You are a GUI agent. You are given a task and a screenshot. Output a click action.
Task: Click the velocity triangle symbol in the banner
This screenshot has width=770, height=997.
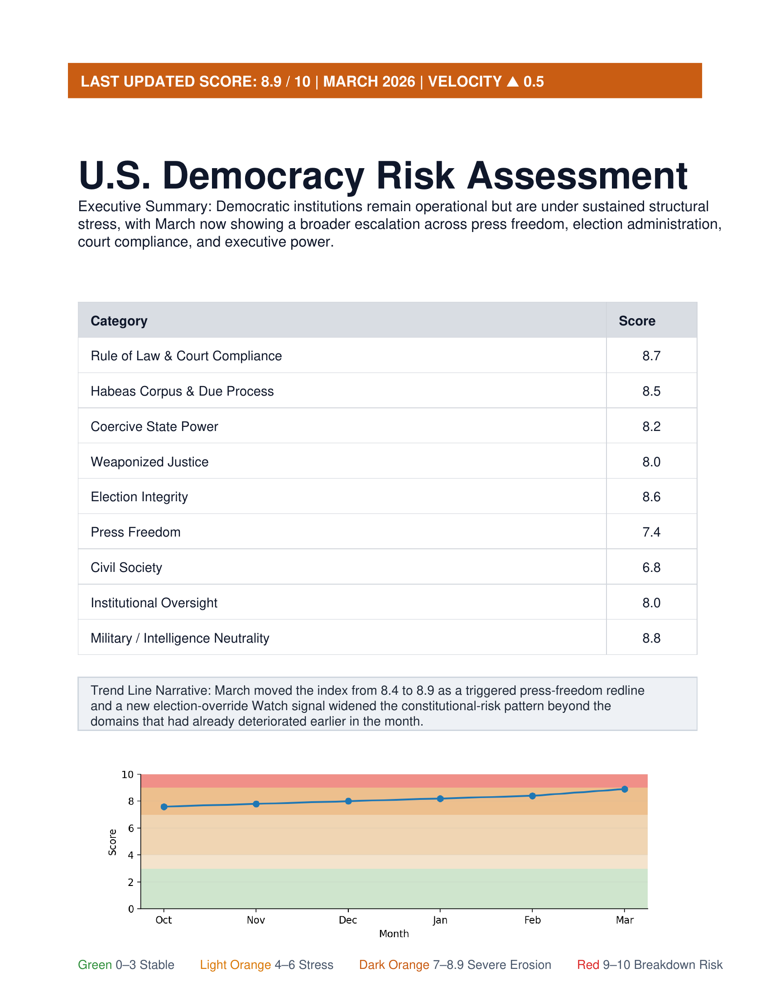513,82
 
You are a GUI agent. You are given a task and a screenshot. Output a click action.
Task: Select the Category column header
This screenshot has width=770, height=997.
119,321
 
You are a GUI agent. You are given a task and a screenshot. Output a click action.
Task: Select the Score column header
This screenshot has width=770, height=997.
637,321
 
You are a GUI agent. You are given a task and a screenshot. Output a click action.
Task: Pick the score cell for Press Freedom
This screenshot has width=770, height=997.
651,532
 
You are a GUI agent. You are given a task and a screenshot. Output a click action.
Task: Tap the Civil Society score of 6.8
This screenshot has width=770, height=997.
651,567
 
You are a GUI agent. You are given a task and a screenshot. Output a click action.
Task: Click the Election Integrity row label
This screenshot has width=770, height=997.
139,497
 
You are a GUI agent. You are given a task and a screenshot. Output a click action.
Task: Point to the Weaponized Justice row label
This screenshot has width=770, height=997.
149,462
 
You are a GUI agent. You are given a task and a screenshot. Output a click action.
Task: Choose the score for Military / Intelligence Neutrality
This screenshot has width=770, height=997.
651,638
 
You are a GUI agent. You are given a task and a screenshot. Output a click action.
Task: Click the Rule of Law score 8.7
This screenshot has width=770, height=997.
651,356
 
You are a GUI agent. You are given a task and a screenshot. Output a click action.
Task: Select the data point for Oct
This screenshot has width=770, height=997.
164,807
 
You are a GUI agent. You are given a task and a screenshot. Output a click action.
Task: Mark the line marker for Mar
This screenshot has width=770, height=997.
625,789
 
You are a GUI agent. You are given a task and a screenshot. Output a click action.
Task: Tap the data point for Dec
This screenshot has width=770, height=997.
348,801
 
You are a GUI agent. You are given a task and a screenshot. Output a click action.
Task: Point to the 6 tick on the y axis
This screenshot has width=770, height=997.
131,828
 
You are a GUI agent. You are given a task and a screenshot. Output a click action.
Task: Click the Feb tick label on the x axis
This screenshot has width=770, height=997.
532,920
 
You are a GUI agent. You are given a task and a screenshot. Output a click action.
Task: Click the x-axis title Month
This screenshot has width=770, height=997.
394,934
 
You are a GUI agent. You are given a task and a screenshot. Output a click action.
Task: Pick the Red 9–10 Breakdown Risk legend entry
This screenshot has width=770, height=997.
650,965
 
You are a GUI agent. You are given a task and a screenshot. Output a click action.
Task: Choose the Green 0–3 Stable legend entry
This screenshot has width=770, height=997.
126,965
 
